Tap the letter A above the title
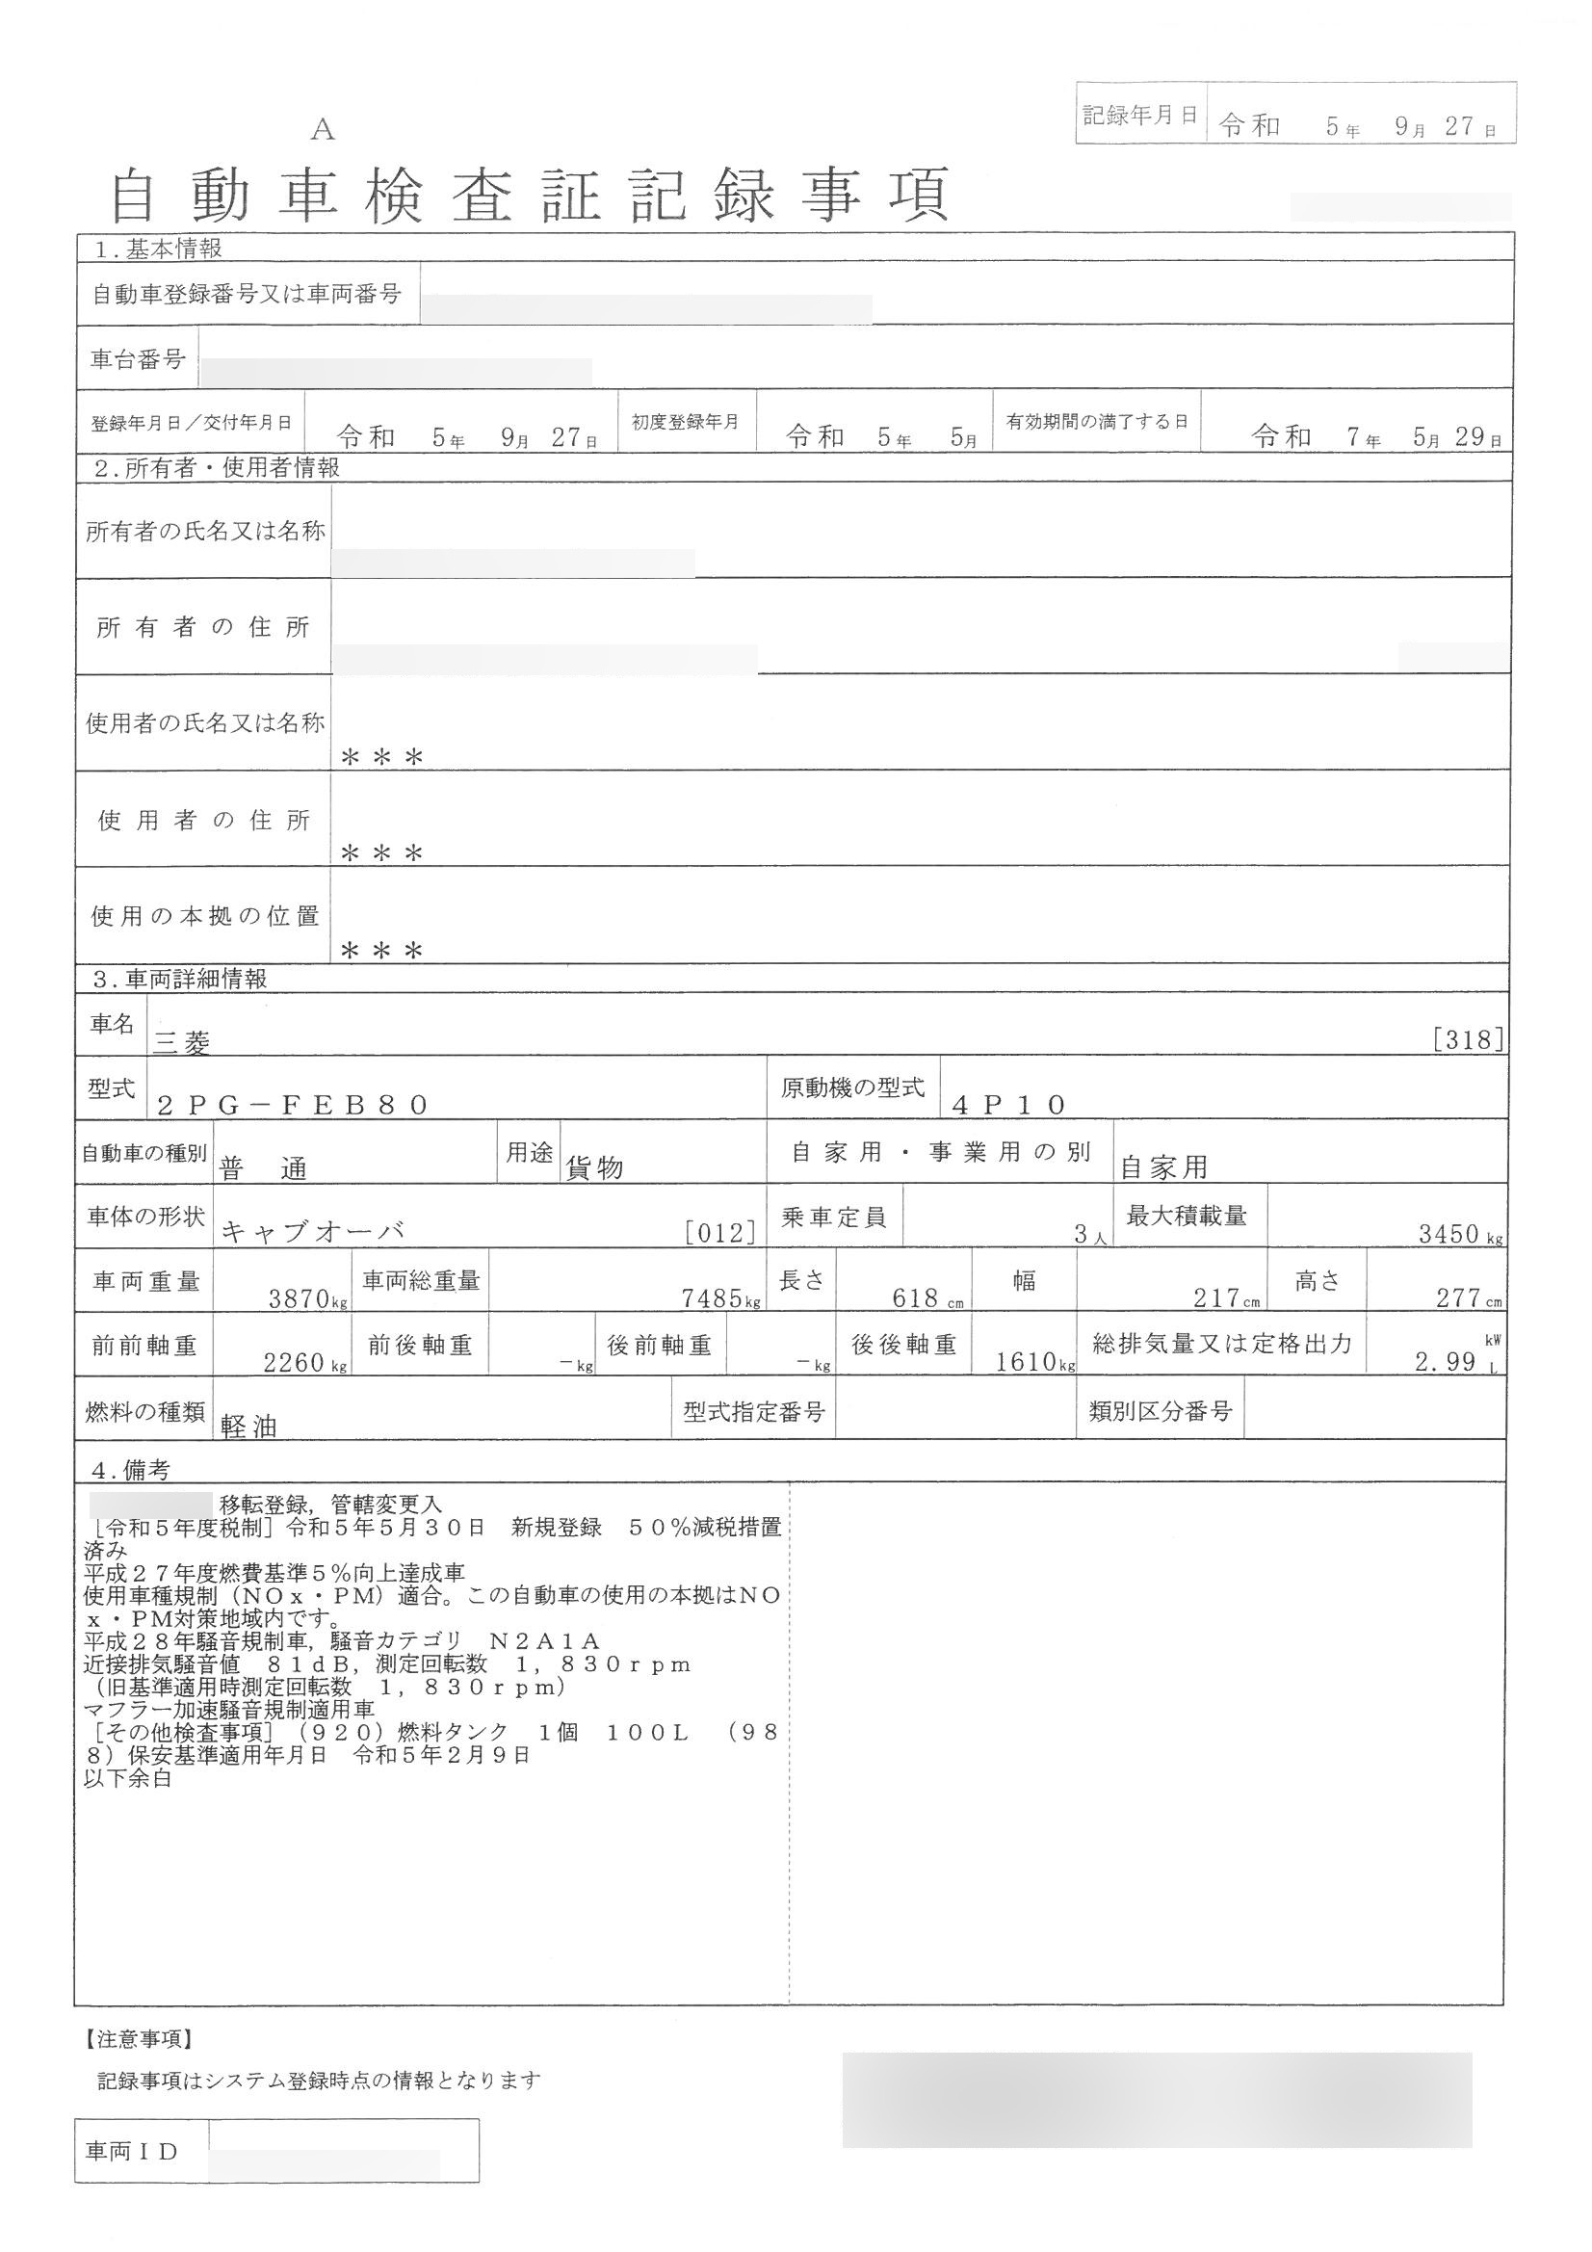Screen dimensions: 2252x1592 [323, 129]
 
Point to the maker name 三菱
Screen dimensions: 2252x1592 [181, 1042]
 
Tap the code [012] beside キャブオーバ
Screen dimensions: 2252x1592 [721, 1233]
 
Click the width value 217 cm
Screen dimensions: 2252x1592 [1225, 1298]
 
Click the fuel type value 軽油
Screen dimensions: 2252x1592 [249, 1427]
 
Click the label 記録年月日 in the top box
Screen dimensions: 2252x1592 [1139, 116]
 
